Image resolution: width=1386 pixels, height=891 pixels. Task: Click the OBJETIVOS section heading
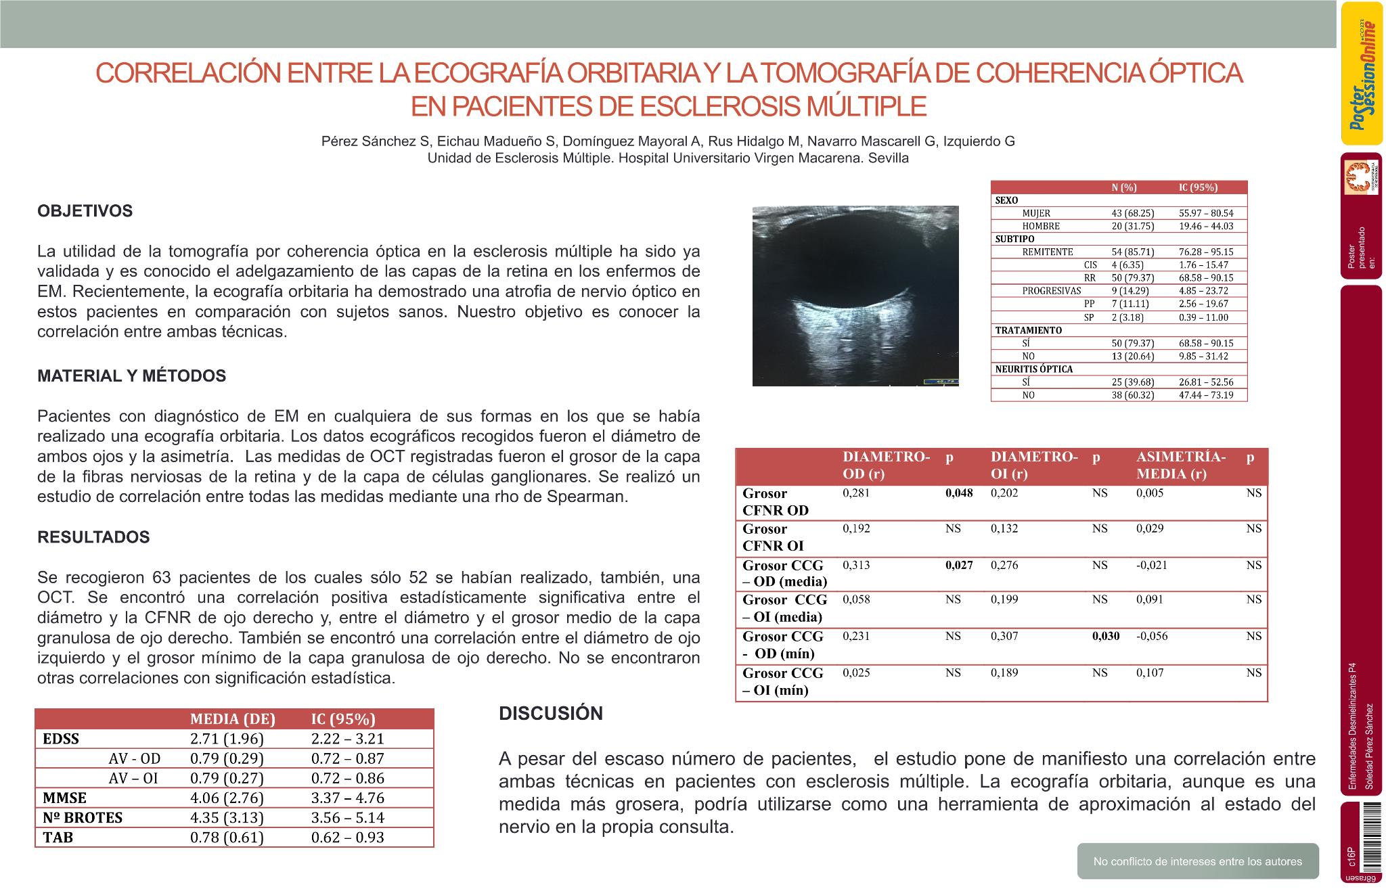pyautogui.click(x=85, y=211)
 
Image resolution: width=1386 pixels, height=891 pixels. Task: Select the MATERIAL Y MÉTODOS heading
pyautogui.click(x=132, y=376)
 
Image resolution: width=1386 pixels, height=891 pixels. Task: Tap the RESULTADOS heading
pyautogui.click(x=93, y=537)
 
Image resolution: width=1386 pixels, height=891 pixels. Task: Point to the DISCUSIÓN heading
pyautogui.click(x=550, y=713)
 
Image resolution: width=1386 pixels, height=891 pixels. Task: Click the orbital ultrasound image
pyautogui.click(x=855, y=296)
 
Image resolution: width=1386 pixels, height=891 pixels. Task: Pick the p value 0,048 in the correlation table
pyautogui.click(x=959, y=493)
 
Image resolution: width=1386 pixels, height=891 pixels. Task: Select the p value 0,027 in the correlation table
pyautogui.click(x=959, y=566)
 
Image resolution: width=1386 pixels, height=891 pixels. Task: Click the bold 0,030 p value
pyautogui.click(x=1106, y=636)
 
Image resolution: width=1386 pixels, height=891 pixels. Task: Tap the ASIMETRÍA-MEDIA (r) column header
pyautogui.click(x=1180, y=465)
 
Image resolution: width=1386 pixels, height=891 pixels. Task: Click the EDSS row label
pyautogui.click(x=61, y=739)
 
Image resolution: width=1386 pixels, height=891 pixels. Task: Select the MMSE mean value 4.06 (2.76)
pyautogui.click(x=227, y=798)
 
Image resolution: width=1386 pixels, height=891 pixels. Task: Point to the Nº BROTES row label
pyautogui.click(x=83, y=817)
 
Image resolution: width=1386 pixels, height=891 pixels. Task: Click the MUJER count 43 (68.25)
pyautogui.click(x=1133, y=213)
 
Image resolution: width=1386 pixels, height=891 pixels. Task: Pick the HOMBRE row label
pyautogui.click(x=1041, y=226)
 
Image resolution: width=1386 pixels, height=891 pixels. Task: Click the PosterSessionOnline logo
pyautogui.click(x=1362, y=73)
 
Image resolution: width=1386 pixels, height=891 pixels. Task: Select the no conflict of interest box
pyautogui.click(x=1197, y=861)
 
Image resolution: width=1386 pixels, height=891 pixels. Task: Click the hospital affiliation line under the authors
pyautogui.click(x=667, y=158)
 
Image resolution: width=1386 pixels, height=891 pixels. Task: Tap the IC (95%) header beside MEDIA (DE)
pyautogui.click(x=342, y=718)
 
